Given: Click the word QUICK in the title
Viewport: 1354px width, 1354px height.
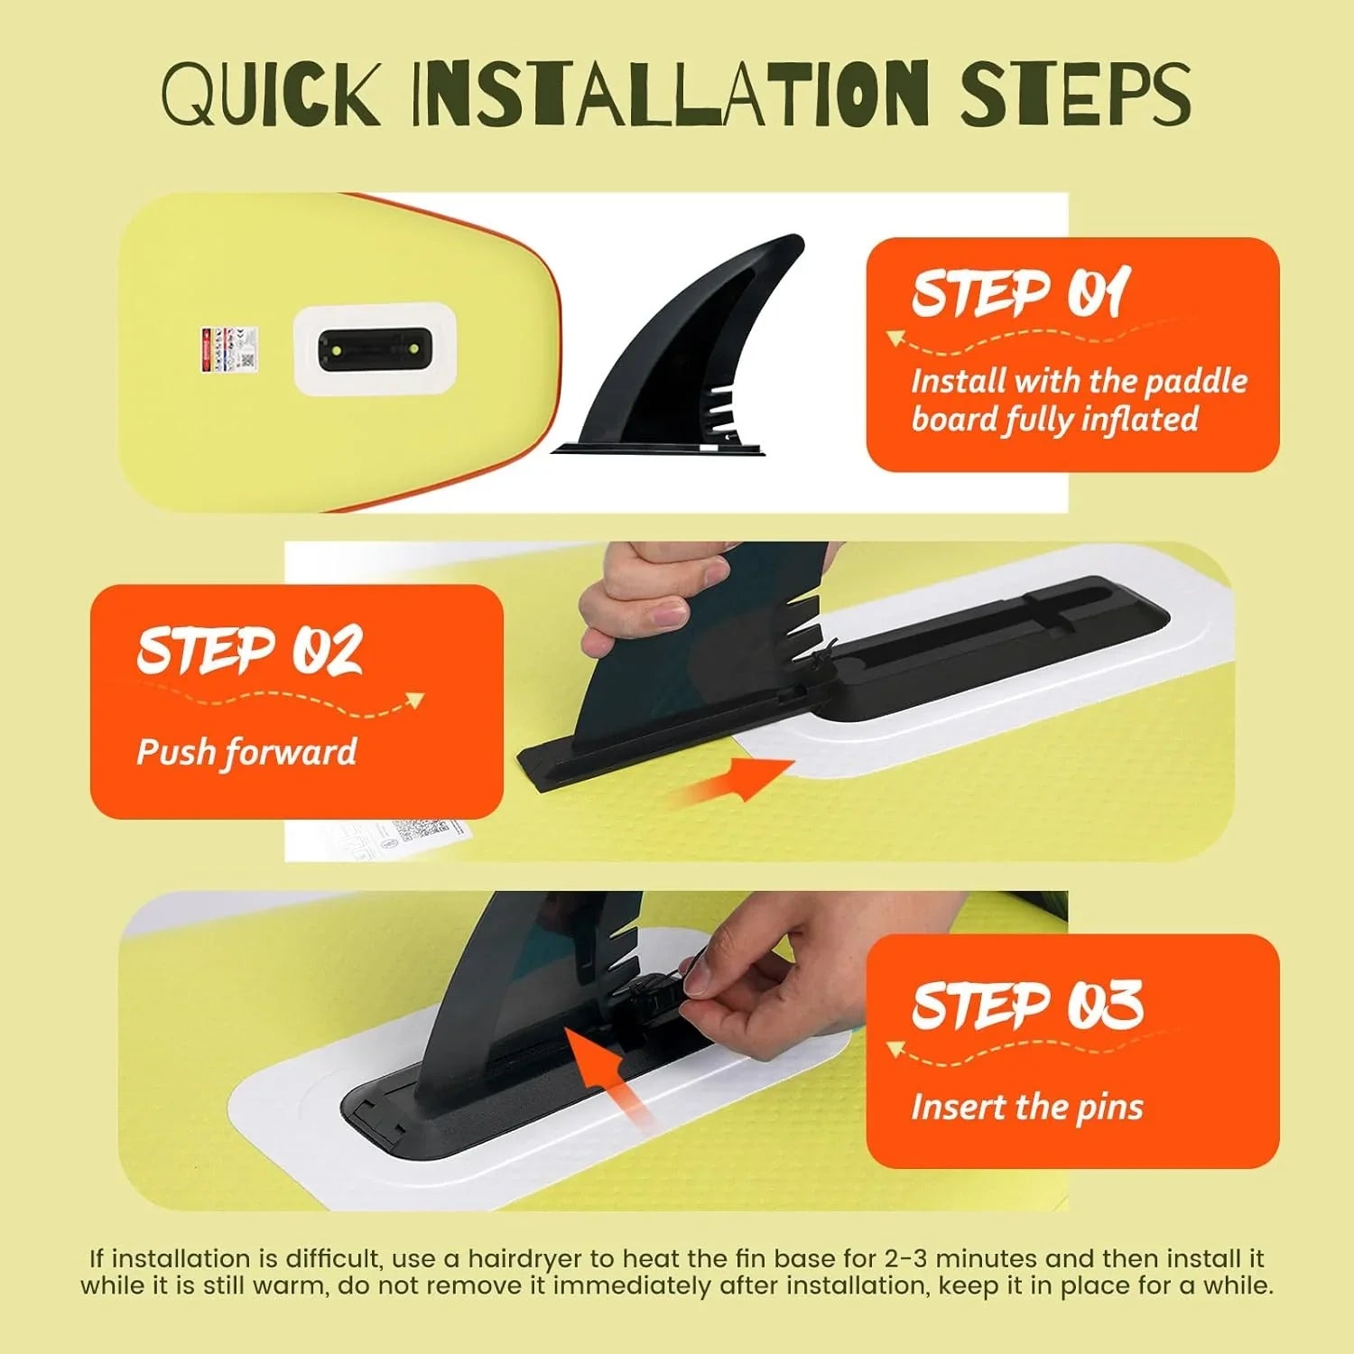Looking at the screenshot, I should click(x=270, y=93).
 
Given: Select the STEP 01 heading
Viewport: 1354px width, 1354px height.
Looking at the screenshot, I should click(x=1021, y=293).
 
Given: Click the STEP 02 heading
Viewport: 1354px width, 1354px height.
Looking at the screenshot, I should click(x=250, y=650).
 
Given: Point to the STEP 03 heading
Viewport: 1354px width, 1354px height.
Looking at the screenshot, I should click(x=1027, y=1005).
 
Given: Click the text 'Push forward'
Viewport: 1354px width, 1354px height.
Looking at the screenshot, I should click(x=246, y=752).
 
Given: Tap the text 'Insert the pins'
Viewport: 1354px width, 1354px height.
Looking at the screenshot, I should click(x=1027, y=1107).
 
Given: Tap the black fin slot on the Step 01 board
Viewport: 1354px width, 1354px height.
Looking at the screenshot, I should click(x=375, y=349).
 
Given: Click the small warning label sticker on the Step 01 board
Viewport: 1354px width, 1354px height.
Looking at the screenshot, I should click(x=229, y=349).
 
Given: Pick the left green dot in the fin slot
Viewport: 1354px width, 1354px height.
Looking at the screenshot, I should click(x=336, y=349).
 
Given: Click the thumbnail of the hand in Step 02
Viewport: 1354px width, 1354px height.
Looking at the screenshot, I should click(x=668, y=617).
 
